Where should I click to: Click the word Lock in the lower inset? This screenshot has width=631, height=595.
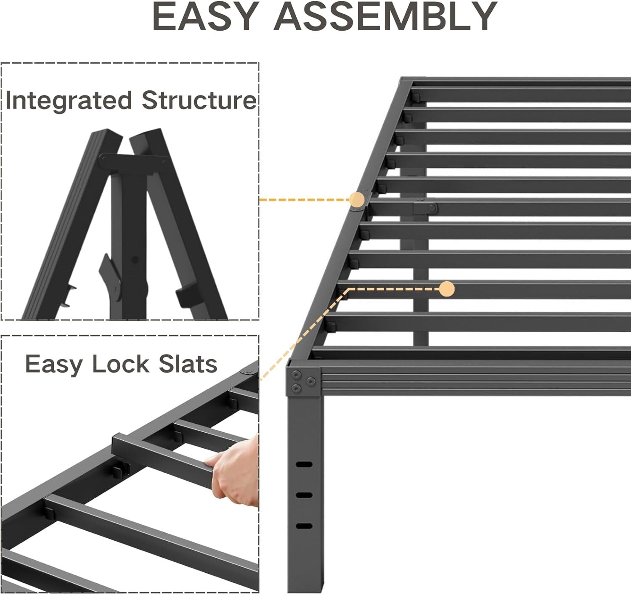click(120, 364)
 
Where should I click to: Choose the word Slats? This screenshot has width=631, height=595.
click(188, 364)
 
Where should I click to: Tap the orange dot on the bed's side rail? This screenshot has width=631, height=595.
click(357, 199)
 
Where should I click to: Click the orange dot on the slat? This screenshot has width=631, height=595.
click(447, 289)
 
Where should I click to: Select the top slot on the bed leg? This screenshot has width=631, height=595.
click(304, 465)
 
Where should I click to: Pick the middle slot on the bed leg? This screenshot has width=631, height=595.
click(304, 495)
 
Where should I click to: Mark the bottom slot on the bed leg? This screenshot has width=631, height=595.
click(304, 526)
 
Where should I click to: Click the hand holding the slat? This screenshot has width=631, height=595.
click(236, 471)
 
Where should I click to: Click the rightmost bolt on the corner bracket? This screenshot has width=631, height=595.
click(310, 381)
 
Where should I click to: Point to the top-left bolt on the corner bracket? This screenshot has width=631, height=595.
click(297, 374)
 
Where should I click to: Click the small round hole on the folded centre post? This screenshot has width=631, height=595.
click(135, 260)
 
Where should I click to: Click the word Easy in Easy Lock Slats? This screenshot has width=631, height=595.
click(53, 365)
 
